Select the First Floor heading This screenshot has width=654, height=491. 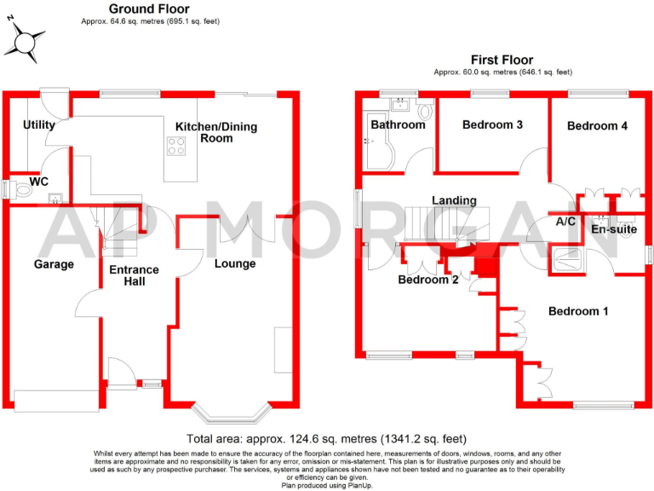coord(502,60)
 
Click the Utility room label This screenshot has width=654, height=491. coord(39,124)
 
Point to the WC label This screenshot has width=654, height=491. coord(39,182)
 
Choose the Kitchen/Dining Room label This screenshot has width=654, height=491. coord(216,132)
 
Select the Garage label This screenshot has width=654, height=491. coord(54,264)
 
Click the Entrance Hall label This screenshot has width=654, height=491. coord(134,275)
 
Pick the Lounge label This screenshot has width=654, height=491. coord(235,263)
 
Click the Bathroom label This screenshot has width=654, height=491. coord(398,124)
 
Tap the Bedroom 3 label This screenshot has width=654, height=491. coord(492,124)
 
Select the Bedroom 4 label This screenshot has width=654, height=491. coord(598,125)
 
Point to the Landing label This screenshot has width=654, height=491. coord(454,200)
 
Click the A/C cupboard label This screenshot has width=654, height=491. coord(565,221)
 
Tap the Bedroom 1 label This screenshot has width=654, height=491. coord(578,311)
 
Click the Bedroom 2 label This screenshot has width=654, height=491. coord(428,280)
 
